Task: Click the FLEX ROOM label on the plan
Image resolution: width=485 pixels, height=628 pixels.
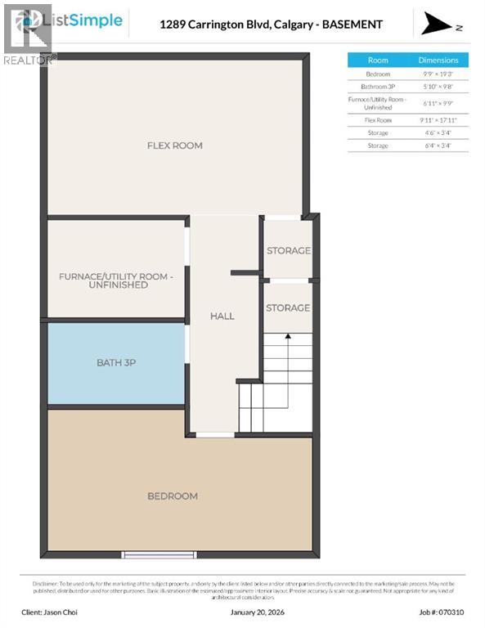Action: [174, 146]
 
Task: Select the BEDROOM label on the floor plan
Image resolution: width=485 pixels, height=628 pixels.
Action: [172, 496]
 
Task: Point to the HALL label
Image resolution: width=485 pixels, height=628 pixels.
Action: [222, 316]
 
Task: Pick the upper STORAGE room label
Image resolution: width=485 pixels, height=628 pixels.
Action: [288, 250]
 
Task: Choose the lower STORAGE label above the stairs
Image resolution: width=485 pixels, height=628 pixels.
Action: [288, 307]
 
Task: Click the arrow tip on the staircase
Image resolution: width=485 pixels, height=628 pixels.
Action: [287, 334]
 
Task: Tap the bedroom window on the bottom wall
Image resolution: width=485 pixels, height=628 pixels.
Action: [159, 554]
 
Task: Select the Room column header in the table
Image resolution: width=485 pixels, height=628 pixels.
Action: [378, 60]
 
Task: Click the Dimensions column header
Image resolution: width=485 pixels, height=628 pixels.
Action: [439, 60]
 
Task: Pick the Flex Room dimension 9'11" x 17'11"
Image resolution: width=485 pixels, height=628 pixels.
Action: [439, 119]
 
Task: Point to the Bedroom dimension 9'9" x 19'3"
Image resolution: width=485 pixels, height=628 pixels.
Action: [439, 74]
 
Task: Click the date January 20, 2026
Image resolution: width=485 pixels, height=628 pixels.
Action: [243, 611]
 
